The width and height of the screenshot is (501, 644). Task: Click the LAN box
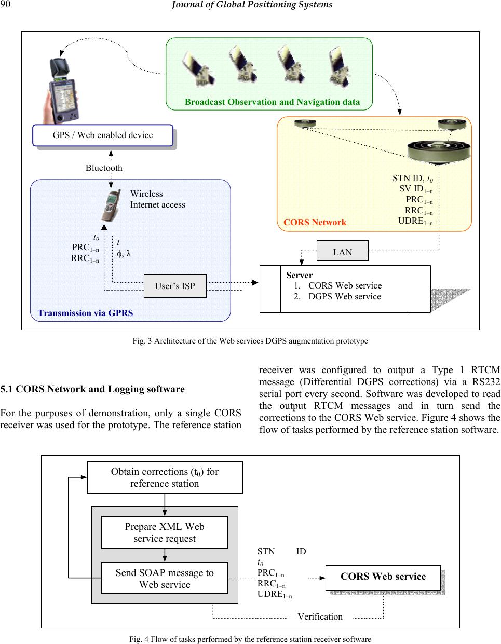[x=342, y=252]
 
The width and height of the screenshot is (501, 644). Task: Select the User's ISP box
[x=175, y=286]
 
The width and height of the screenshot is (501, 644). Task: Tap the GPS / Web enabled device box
[x=103, y=135]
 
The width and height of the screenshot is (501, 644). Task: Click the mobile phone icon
[x=111, y=205]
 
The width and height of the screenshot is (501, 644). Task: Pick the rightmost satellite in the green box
[x=339, y=67]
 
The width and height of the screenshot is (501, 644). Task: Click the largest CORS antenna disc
[x=439, y=150]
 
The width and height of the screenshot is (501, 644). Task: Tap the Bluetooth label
[x=104, y=168]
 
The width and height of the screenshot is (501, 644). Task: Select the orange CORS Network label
[x=315, y=222]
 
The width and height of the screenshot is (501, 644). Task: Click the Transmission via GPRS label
[x=85, y=313]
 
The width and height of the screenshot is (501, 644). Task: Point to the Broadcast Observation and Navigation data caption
[x=272, y=102]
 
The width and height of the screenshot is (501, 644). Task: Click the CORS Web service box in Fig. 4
[x=383, y=577]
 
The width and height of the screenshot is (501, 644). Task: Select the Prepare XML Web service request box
[x=165, y=532]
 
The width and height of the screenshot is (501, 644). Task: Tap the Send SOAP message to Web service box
[x=165, y=578]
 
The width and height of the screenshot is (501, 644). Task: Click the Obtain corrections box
[x=165, y=477]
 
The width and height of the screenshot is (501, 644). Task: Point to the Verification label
[x=320, y=616]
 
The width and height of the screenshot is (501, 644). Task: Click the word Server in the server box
[x=300, y=275]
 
